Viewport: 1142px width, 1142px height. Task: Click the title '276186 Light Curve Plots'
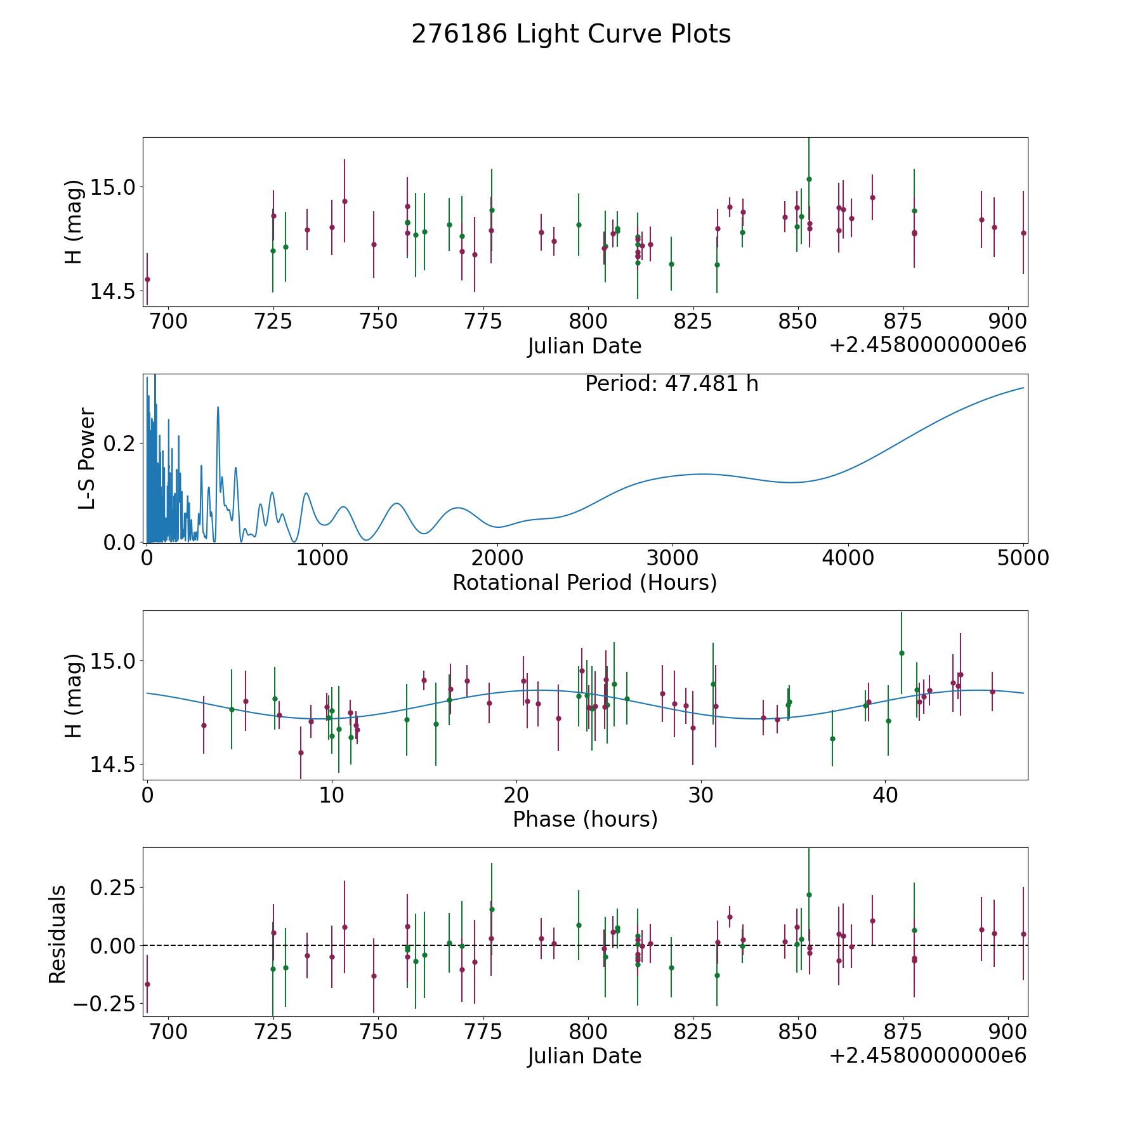(571, 34)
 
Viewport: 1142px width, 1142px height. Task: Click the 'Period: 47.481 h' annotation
(671, 384)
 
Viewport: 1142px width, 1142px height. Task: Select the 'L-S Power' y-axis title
(87, 459)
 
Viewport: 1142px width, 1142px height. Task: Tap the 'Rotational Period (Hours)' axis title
(584, 582)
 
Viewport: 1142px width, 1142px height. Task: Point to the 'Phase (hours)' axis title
(585, 819)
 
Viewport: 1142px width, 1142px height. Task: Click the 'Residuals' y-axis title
(58, 934)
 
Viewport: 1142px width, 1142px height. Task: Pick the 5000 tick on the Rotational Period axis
(1023, 558)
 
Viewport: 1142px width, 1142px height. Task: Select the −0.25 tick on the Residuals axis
(105, 1004)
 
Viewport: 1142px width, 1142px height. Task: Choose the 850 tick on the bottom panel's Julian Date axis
(797, 1032)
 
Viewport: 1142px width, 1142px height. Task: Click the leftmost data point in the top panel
(147, 279)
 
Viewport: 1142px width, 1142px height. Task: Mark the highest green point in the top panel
(809, 179)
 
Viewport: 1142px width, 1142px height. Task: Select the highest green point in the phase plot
(902, 653)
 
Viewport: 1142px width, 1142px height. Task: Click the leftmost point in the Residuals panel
(147, 984)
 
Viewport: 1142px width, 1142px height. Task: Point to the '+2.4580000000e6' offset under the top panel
(928, 346)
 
